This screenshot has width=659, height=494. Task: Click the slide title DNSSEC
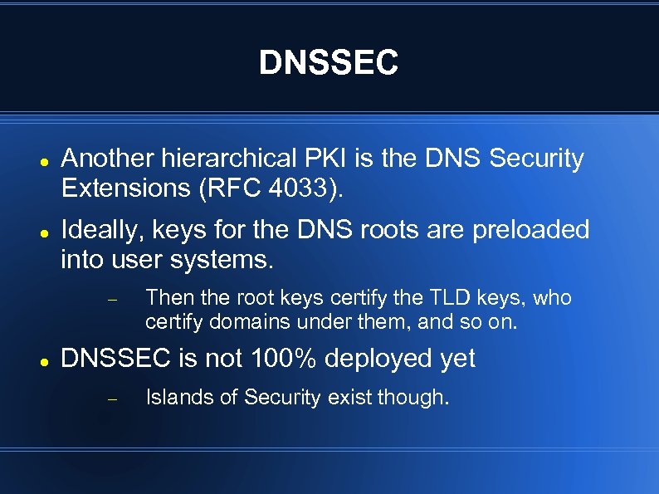click(x=329, y=62)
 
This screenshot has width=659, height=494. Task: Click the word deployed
click(x=377, y=359)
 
